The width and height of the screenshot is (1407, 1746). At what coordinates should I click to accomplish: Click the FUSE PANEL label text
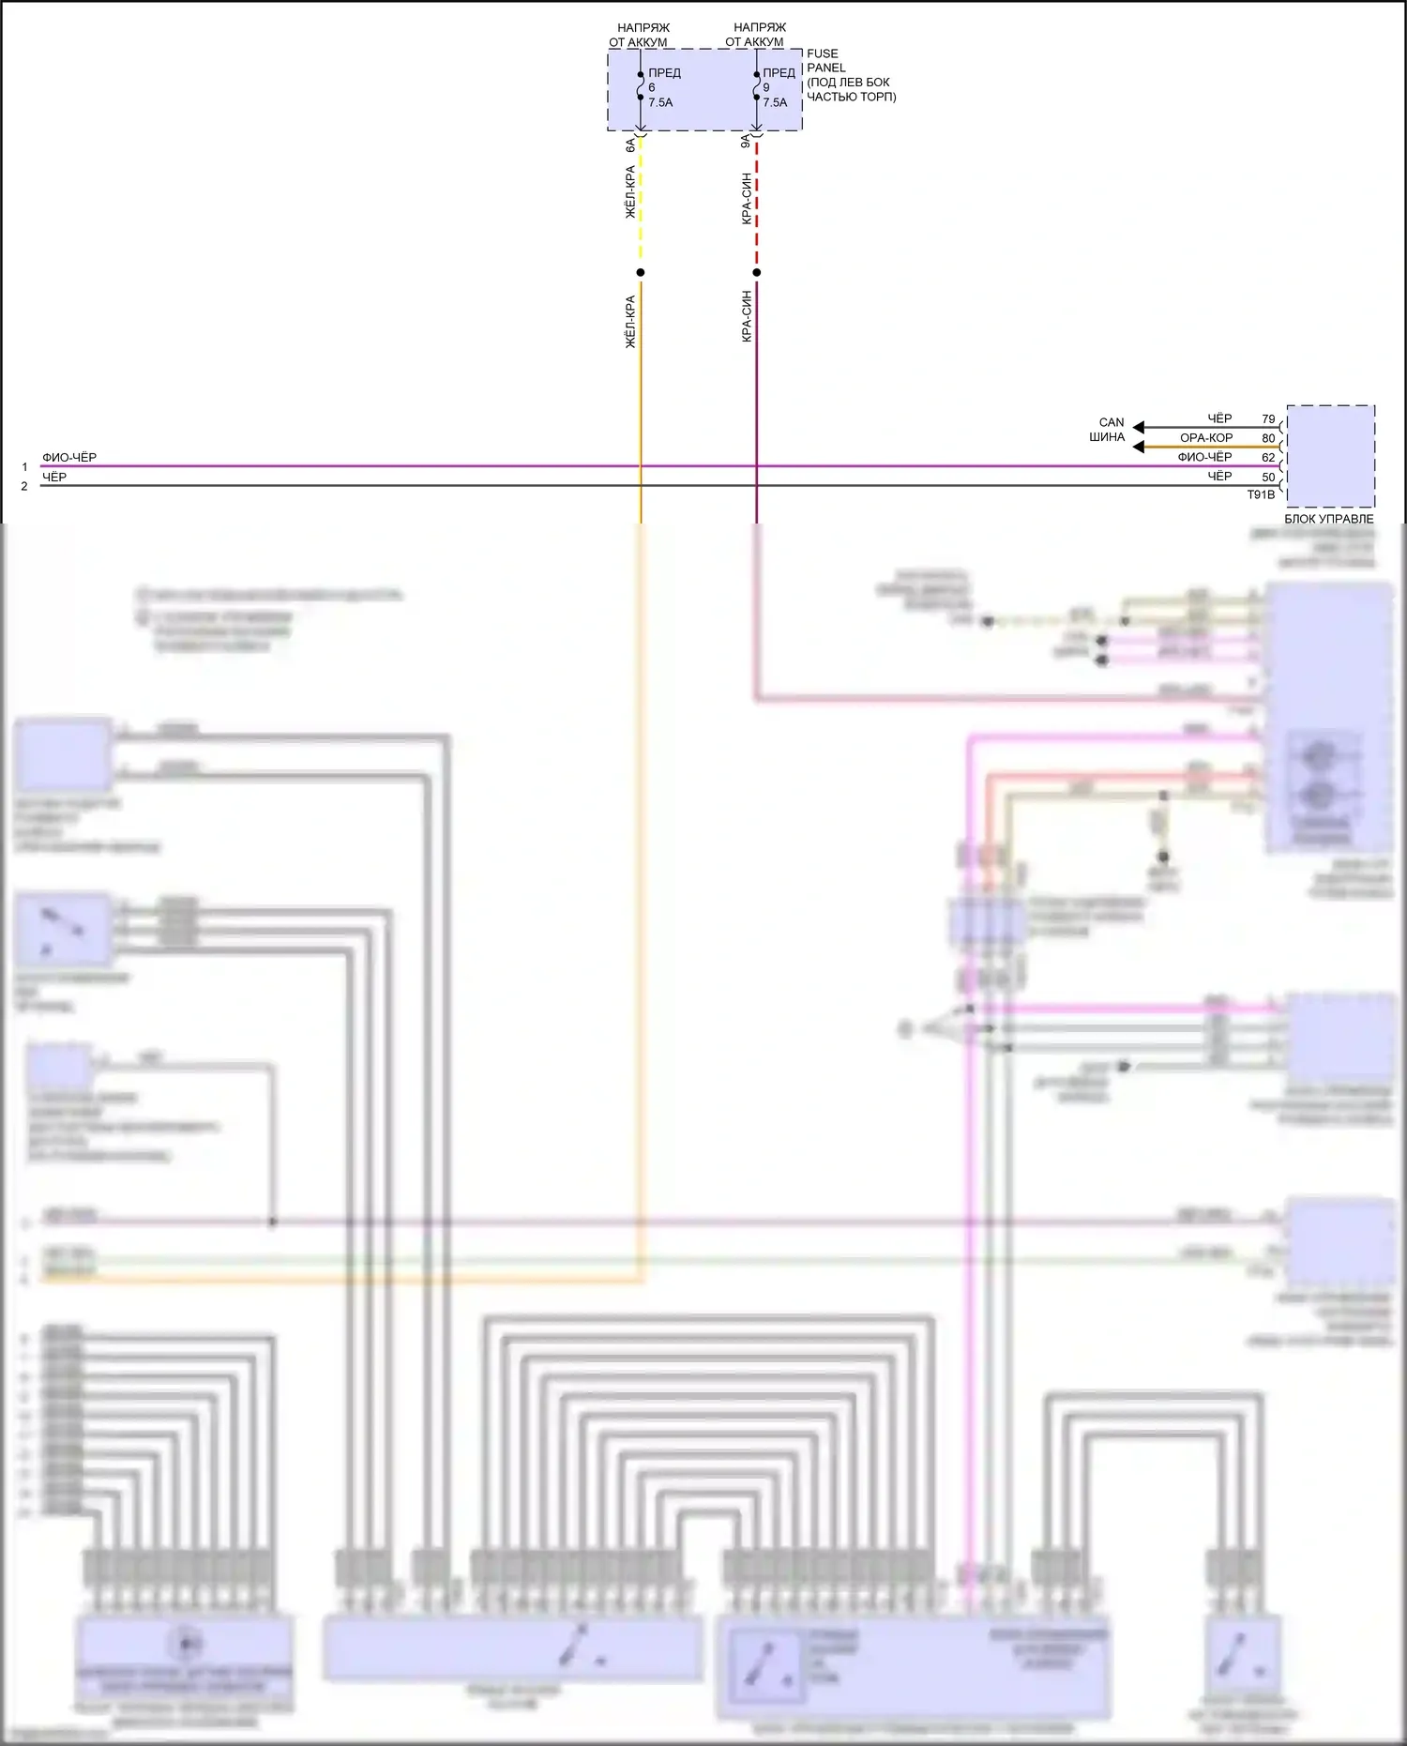tap(825, 61)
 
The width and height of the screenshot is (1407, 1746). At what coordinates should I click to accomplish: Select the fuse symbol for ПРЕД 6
tap(641, 87)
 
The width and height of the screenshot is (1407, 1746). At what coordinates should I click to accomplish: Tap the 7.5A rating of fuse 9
tap(775, 102)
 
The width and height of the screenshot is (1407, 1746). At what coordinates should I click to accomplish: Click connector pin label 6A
tap(630, 145)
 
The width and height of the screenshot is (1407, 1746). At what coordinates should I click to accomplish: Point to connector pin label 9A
tap(746, 142)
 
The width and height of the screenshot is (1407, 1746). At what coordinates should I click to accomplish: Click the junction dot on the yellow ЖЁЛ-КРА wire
tap(641, 273)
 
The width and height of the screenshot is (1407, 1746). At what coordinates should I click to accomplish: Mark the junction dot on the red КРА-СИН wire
tap(757, 273)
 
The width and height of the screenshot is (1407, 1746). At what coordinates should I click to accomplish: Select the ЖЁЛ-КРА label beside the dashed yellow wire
tap(630, 193)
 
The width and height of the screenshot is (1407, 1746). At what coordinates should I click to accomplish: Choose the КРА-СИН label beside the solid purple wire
tap(747, 316)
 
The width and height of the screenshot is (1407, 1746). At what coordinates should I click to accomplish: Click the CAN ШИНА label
tap(1109, 430)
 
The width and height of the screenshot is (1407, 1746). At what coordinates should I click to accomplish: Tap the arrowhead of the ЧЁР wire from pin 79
tap(1138, 428)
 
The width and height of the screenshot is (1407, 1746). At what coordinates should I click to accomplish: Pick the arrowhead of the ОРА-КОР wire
tap(1138, 448)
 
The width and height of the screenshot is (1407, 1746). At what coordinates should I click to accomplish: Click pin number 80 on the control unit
tap(1268, 438)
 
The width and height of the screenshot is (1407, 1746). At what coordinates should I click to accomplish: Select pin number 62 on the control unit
tap(1268, 458)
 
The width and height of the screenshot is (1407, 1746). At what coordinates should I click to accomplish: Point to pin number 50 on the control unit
tap(1268, 477)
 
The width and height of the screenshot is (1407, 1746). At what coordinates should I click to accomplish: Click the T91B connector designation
tap(1261, 494)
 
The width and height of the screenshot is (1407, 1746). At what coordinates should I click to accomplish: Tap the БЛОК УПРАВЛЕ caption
tap(1329, 519)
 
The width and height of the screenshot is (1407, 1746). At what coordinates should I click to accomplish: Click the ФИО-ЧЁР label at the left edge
tap(69, 458)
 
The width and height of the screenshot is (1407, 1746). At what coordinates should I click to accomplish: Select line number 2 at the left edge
tap(24, 486)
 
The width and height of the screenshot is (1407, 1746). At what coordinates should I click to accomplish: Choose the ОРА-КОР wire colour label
tap(1206, 438)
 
